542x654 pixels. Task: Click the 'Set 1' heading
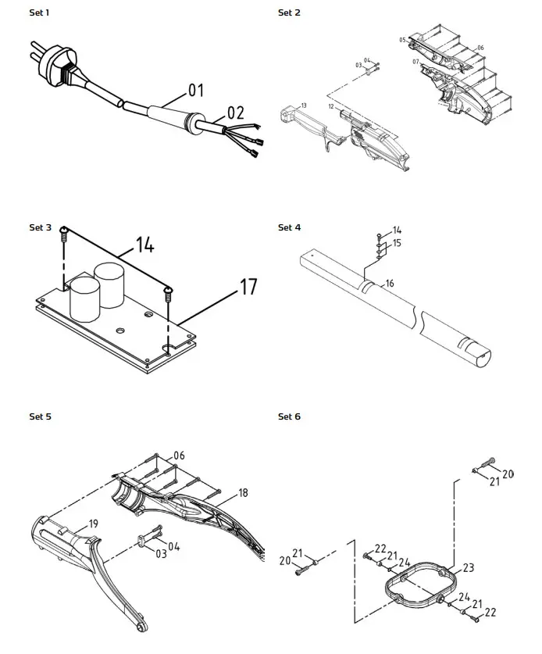(x=40, y=13)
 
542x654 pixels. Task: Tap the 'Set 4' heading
(x=289, y=227)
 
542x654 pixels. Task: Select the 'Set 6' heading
(x=289, y=416)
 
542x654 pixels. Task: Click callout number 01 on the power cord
(x=195, y=91)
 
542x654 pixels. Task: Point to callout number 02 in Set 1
(x=235, y=113)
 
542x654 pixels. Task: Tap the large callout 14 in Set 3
(x=143, y=245)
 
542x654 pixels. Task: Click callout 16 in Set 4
(x=389, y=282)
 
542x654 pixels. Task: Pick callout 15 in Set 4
(x=397, y=243)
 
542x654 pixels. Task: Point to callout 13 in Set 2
(x=304, y=105)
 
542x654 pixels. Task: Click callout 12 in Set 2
(x=331, y=105)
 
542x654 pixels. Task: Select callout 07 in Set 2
(x=415, y=61)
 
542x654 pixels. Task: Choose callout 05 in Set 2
(x=402, y=39)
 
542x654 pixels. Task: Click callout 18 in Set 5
(x=243, y=494)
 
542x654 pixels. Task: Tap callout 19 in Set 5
(x=93, y=523)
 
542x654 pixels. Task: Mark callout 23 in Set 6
(x=469, y=568)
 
